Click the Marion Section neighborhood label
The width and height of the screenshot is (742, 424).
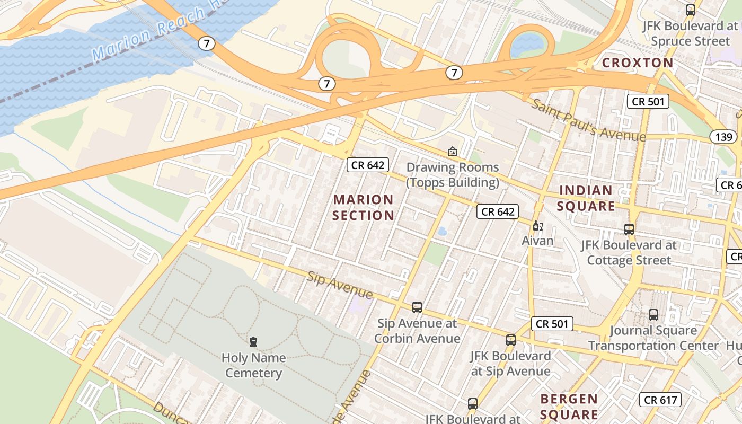pyautogui.click(x=364, y=208)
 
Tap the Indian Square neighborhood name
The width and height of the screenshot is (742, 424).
pyautogui.click(x=586, y=198)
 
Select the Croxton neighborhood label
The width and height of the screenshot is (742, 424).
pyautogui.click(x=638, y=63)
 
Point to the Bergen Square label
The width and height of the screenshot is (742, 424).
pyautogui.click(x=569, y=406)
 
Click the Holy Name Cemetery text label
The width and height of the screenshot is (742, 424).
pyautogui.click(x=253, y=365)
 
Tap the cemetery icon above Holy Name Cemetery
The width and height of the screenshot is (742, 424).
pyautogui.click(x=253, y=342)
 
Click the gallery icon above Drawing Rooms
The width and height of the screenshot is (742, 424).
pyautogui.click(x=452, y=152)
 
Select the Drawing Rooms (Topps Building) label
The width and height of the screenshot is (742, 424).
pyautogui.click(x=453, y=175)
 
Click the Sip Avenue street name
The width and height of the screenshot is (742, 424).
pyautogui.click(x=340, y=285)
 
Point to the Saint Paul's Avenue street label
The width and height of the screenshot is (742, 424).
pyautogui.click(x=589, y=120)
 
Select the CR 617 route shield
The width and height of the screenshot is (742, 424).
pyautogui.click(x=660, y=400)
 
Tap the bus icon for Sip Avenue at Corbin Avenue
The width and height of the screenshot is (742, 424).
pyautogui.click(x=417, y=307)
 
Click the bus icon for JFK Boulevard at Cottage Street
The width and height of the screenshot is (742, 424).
pyautogui.click(x=629, y=229)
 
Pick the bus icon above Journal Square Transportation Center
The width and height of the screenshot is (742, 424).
pyautogui.click(x=653, y=315)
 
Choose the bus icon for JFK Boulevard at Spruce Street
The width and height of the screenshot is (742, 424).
pyautogui.click(x=690, y=10)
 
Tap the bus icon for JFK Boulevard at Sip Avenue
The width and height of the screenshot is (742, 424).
pyautogui.click(x=510, y=340)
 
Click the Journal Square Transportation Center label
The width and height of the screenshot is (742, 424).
pyautogui.click(x=653, y=338)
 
